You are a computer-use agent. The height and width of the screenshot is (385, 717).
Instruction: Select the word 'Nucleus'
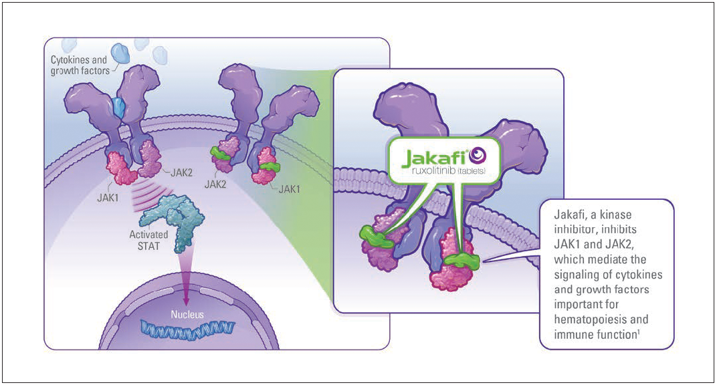186,313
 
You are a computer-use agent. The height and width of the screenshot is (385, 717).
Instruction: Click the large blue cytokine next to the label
121,53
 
